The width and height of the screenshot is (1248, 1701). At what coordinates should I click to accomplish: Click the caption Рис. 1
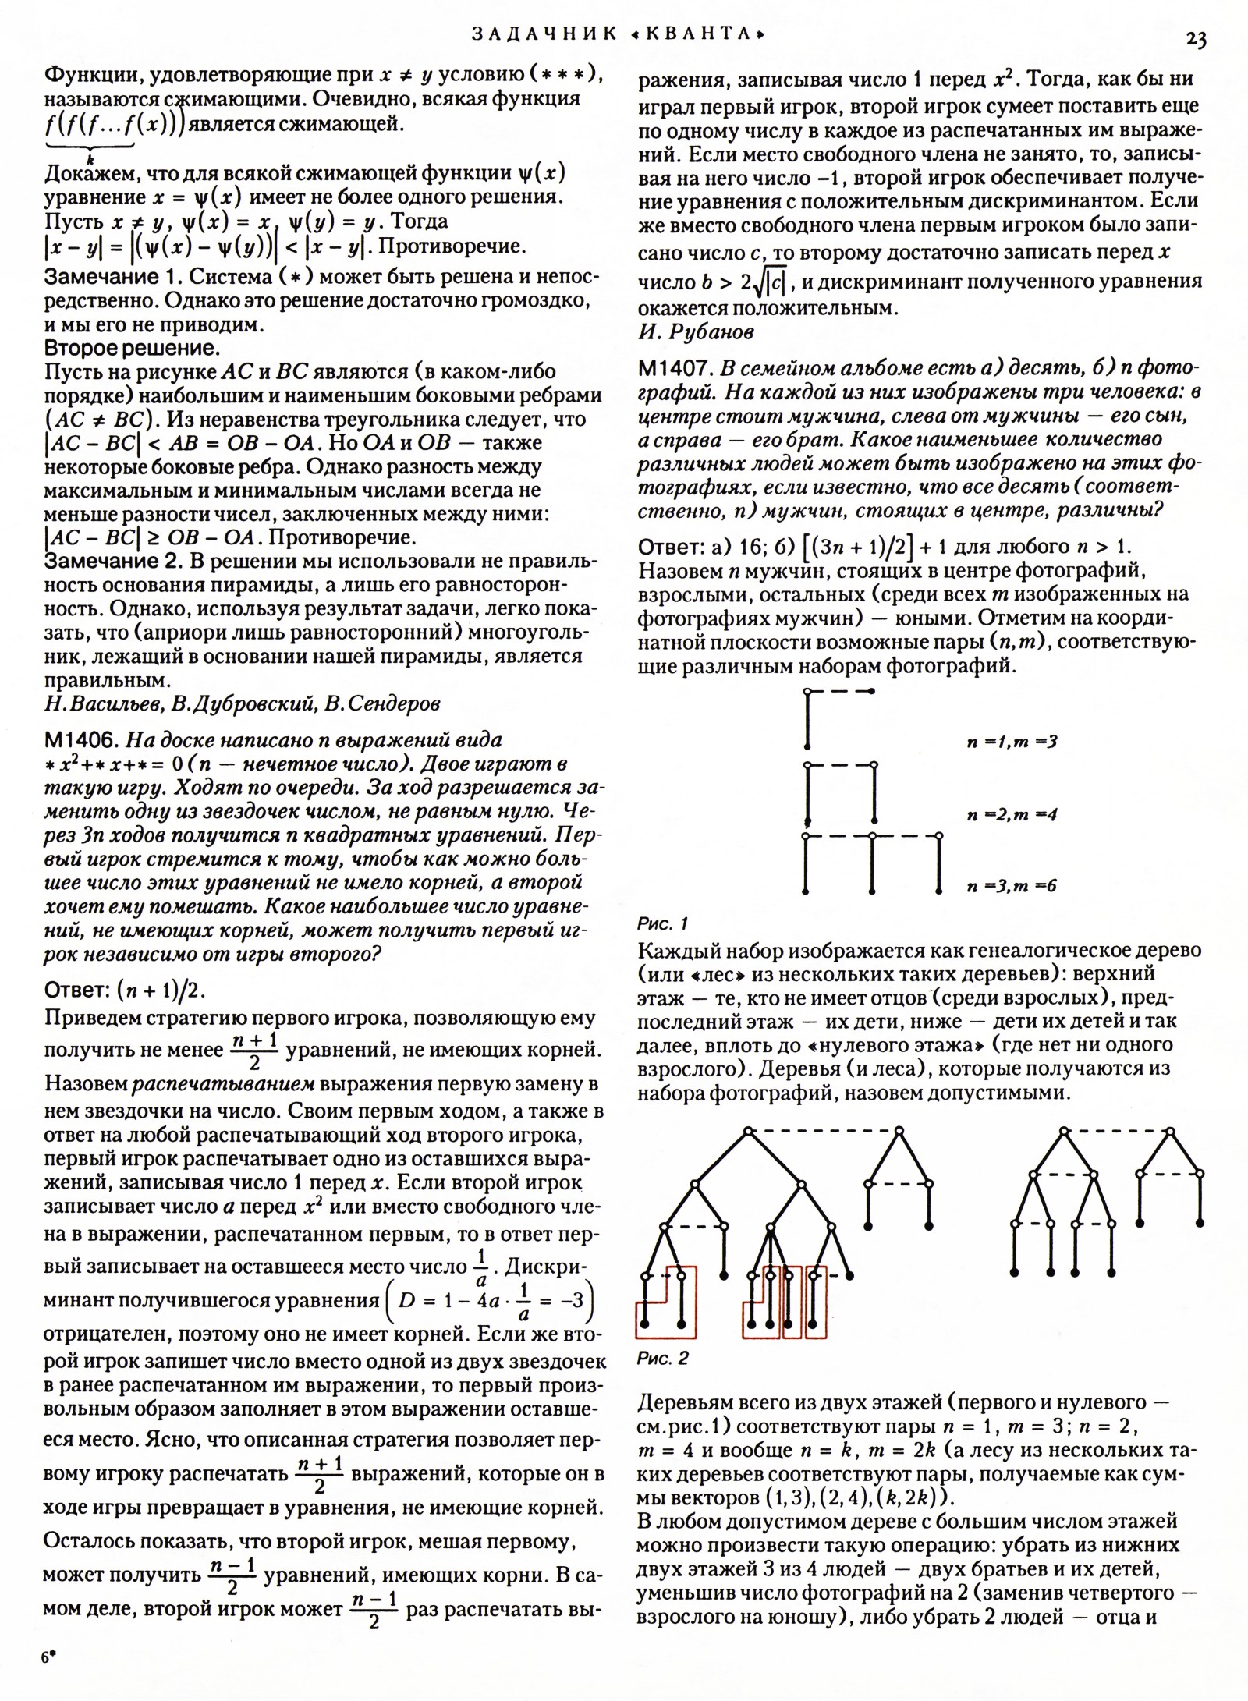662,923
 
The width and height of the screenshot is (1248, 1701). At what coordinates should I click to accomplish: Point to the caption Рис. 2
662,1358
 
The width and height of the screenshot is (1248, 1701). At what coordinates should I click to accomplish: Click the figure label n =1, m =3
1012,741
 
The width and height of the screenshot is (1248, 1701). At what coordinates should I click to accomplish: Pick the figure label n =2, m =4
1012,815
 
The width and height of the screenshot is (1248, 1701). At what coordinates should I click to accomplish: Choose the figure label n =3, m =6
1012,886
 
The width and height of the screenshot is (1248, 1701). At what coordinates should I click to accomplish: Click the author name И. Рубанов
696,332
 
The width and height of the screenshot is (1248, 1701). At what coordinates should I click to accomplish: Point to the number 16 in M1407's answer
741,546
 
